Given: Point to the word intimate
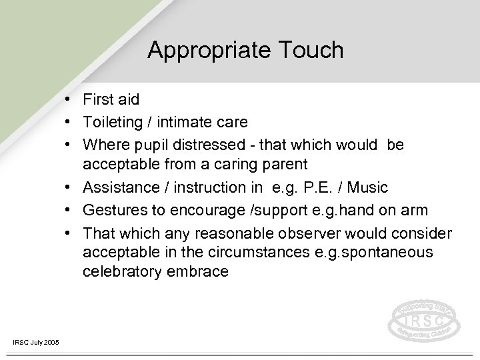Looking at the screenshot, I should (x=194, y=122).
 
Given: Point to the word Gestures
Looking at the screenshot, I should (x=111, y=211).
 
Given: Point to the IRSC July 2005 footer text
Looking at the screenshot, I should (x=35, y=342).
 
